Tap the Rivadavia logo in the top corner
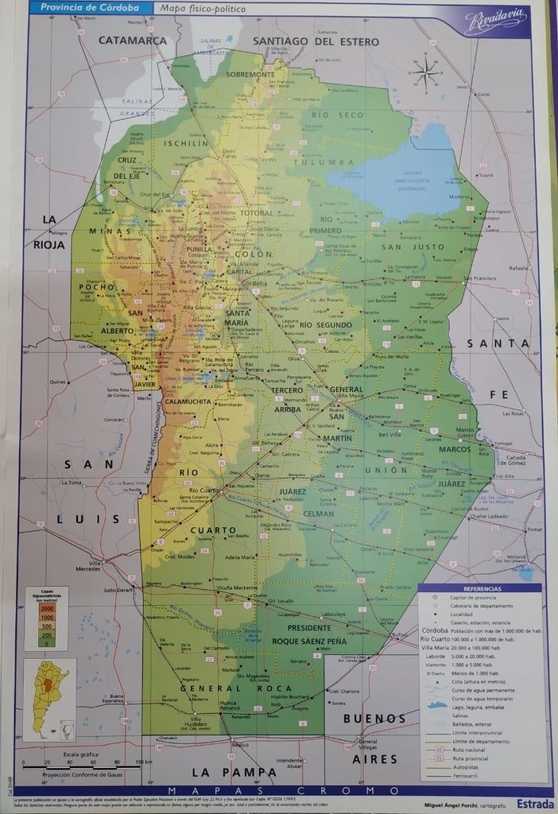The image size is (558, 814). (495, 20)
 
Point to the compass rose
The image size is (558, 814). (427, 72)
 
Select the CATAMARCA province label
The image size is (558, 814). (132, 41)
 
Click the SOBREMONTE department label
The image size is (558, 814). (250, 74)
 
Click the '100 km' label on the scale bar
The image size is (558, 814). (142, 762)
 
